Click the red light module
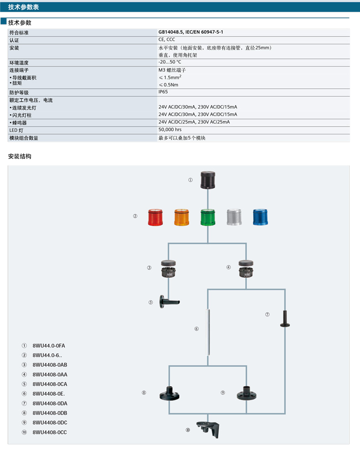pyautogui.click(x=156, y=217)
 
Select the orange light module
pyautogui.click(x=182, y=217)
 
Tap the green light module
pyautogui.click(x=208, y=217)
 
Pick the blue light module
pyautogui.click(x=260, y=217)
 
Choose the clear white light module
pyautogui.click(x=234, y=217)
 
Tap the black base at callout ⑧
pyautogui.click(x=169, y=393)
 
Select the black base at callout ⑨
pyautogui.click(x=247, y=393)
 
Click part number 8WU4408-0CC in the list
pyautogui.click(x=50, y=432)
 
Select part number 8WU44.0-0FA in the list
pyautogui.click(x=49, y=346)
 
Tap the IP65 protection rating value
pyautogui.click(x=163, y=92)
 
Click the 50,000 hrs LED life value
pyautogui.click(x=170, y=130)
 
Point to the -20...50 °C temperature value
pyautogui.click(x=170, y=62)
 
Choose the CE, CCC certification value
pyautogui.click(x=167, y=40)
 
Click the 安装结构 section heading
pyautogui.click(x=20, y=156)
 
